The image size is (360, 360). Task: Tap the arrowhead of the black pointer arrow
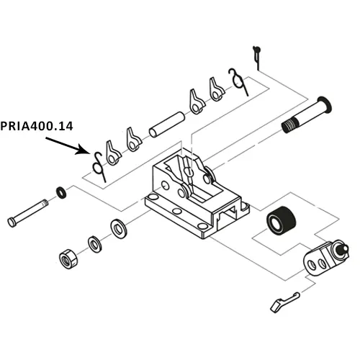[x=89, y=153]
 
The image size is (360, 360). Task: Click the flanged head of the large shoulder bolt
[x=323, y=105]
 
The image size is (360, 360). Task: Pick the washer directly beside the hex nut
[x=94, y=243]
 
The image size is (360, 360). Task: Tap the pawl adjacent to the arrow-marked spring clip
[x=112, y=150]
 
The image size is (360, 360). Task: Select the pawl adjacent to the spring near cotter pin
[x=215, y=89]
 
